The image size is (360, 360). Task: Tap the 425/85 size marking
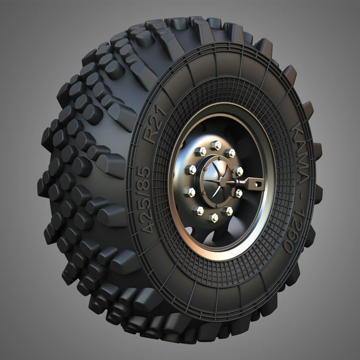(148, 201)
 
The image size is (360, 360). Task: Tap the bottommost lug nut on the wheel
(213, 217)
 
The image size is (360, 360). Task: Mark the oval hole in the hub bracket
(258, 184)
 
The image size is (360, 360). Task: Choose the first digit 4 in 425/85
(148, 228)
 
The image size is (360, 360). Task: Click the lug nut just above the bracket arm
(238, 171)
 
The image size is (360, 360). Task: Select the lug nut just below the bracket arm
(238, 193)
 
